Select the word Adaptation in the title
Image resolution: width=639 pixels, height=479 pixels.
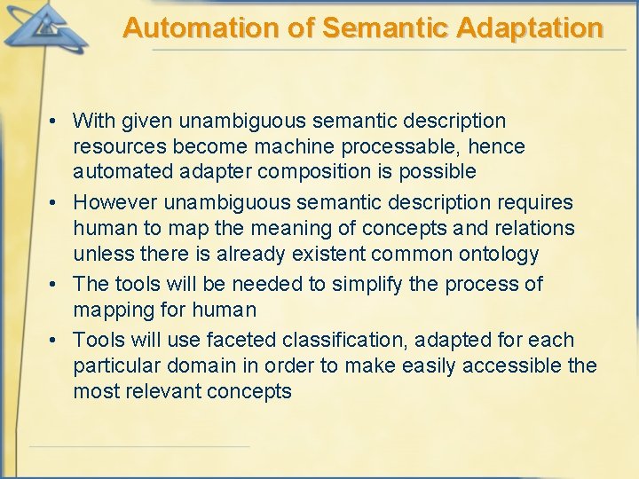530,28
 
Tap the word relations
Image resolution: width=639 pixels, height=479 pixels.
534,229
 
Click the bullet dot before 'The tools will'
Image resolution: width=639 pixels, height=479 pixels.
54,285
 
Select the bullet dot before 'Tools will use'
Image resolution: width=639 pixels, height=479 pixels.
54,341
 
